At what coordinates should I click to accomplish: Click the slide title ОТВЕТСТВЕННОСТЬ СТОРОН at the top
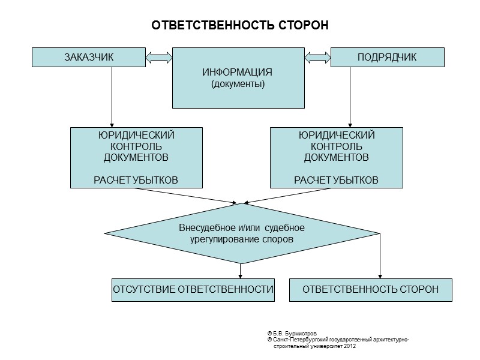click(x=240, y=26)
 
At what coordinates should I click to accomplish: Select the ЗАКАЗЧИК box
click(x=88, y=57)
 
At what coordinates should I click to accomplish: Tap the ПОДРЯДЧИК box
click(x=387, y=57)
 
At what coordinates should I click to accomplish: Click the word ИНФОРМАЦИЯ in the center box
click(x=237, y=73)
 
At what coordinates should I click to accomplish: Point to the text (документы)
click(x=237, y=84)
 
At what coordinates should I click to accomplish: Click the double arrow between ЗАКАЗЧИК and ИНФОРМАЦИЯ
click(x=159, y=58)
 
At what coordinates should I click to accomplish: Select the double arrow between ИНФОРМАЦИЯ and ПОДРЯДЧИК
click(x=318, y=58)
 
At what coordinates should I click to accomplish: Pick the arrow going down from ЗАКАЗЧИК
click(x=112, y=96)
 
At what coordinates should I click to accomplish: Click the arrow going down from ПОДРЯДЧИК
click(x=349, y=96)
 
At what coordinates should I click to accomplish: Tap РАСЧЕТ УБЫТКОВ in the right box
click(x=336, y=179)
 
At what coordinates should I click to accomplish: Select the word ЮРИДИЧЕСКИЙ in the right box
click(x=336, y=135)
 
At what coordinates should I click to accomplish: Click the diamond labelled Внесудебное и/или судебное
click(x=242, y=228)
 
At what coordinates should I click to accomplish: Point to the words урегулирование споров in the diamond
click(x=242, y=238)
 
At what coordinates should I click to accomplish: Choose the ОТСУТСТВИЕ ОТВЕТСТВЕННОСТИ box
click(x=193, y=290)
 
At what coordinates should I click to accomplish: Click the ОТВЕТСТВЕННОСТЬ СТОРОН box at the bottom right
click(x=370, y=290)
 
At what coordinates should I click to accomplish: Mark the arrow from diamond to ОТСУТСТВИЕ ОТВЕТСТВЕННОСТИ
click(x=241, y=271)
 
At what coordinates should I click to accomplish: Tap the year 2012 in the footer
click(x=350, y=346)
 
